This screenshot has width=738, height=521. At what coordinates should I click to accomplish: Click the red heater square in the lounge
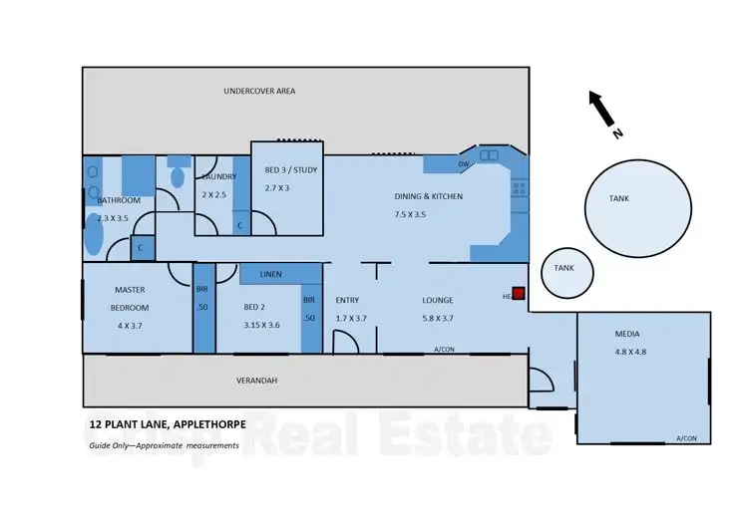519,294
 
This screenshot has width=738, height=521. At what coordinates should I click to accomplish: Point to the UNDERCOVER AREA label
258,91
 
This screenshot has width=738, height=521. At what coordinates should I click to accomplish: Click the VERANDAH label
257,381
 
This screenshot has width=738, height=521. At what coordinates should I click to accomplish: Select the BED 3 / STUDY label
291,169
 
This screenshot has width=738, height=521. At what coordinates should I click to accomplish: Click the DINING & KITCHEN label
429,196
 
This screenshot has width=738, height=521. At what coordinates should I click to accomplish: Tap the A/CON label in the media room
686,438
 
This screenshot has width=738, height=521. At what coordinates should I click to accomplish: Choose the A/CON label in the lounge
445,350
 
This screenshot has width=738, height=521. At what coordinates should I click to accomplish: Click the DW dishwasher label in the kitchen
463,164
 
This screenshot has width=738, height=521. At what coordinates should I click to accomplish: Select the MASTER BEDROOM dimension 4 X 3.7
130,325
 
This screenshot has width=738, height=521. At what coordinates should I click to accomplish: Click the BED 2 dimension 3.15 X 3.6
262,325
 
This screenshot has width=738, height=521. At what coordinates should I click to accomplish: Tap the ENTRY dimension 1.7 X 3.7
351,319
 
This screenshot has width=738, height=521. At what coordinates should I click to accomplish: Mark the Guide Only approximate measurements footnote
163,445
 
